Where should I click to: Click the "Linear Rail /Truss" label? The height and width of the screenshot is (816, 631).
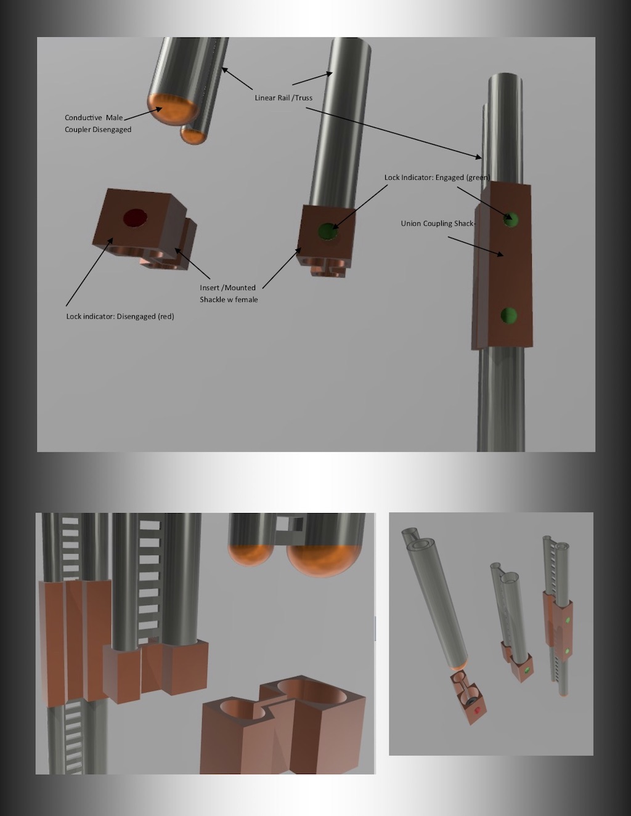coord(283,98)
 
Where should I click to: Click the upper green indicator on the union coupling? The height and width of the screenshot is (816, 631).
coord(510,219)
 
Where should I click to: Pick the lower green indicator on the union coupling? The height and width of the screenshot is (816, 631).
coord(508,315)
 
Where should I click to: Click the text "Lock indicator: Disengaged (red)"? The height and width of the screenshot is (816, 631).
coord(120,316)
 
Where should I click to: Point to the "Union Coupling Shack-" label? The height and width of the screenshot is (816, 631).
coord(438,224)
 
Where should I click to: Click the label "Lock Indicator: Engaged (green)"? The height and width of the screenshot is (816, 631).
coord(437,177)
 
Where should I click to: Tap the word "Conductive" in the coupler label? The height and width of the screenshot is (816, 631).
coord(83,118)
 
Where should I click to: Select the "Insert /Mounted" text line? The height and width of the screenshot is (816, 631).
coord(227,288)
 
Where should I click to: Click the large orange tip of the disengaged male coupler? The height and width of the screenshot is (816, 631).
coord(173,109)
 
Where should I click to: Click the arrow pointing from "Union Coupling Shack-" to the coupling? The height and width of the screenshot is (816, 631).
coord(476,246)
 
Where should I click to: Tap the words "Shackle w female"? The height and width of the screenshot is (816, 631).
coord(229,300)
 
